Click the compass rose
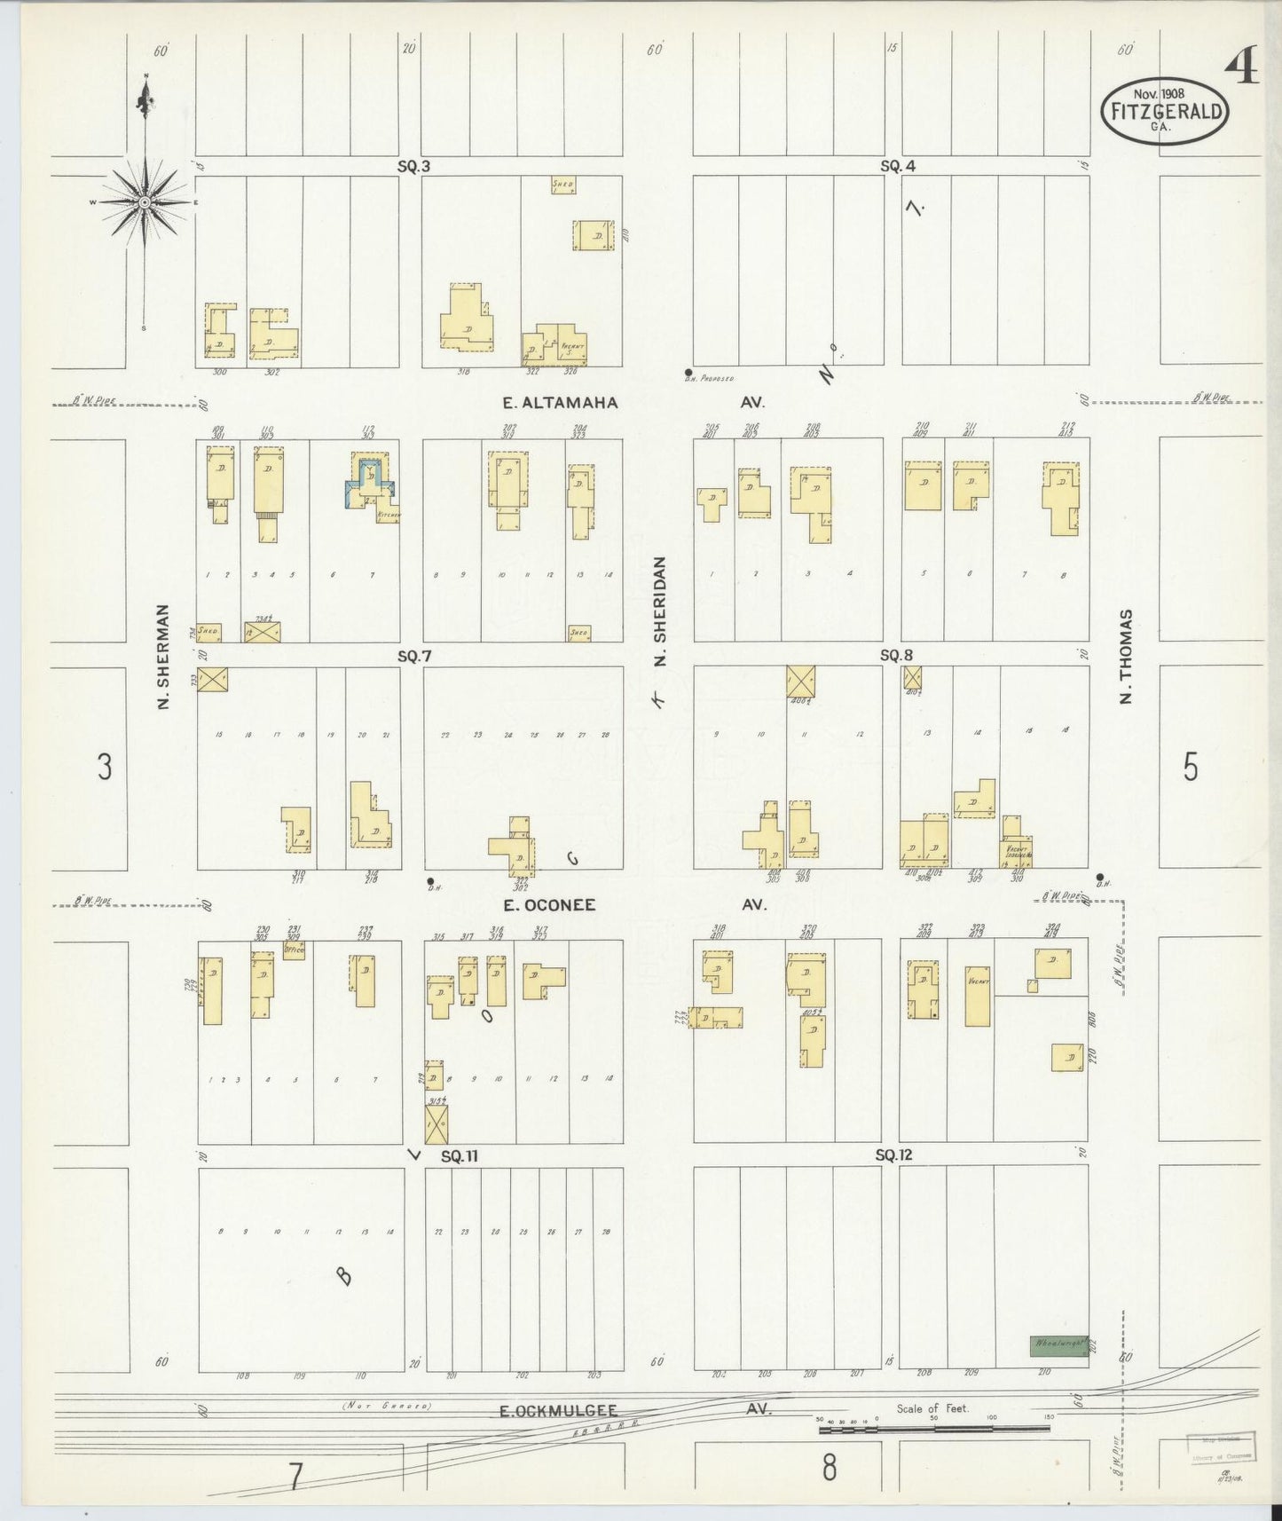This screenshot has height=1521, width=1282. (144, 202)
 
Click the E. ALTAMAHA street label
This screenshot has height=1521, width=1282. (559, 403)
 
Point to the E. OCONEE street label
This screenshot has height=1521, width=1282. (549, 905)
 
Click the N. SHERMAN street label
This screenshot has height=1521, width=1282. (163, 657)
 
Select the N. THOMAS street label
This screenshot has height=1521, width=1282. (1127, 656)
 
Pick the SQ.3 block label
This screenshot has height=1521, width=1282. (413, 166)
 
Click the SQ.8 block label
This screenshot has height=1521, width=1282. (896, 656)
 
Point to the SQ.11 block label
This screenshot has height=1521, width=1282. (460, 1155)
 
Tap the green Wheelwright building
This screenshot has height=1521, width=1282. (1058, 1345)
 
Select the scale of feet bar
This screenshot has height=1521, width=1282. (933, 1429)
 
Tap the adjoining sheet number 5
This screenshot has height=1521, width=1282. (1191, 767)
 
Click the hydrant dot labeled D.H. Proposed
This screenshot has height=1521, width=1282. (688, 373)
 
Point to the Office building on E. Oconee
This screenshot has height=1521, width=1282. (294, 950)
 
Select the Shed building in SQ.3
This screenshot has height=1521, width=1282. (562, 185)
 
